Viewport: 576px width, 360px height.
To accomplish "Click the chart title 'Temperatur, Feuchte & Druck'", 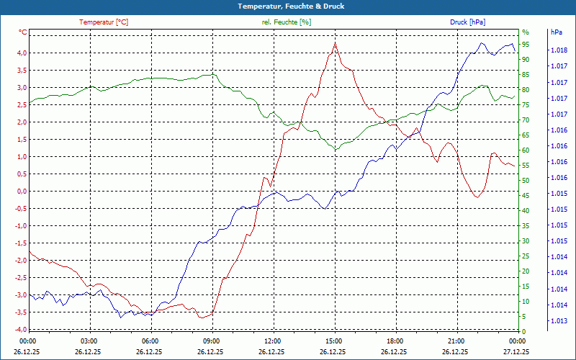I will point(287,6).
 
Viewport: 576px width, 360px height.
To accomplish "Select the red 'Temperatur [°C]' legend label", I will point(104,22).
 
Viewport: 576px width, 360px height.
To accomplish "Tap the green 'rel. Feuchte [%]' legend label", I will point(287,22).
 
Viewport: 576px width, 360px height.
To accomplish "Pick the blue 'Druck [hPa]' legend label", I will point(468,22).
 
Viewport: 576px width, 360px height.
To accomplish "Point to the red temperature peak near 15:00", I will point(335,43).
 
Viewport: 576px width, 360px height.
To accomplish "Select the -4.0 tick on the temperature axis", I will point(21,329).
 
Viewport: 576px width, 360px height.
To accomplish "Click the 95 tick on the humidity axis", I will point(526,44).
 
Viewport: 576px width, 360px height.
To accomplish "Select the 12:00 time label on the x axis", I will point(273,341).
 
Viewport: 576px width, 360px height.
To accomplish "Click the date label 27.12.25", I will point(516,351).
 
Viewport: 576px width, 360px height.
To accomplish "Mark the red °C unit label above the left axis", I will point(23,32).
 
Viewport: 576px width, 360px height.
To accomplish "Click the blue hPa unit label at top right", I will point(557,32).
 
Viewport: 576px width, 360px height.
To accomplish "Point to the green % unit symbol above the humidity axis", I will point(526,32).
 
